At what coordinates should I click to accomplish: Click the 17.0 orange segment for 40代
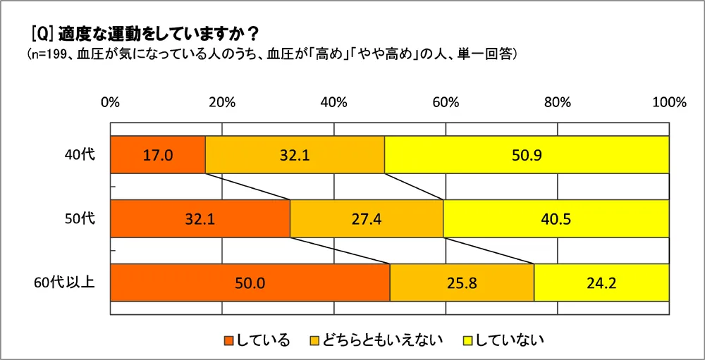(158, 155)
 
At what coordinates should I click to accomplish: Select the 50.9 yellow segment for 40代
(527, 155)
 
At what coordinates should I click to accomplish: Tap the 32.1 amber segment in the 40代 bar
(295, 155)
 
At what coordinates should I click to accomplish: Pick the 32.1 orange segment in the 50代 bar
(200, 218)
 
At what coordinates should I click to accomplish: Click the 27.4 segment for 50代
(367, 218)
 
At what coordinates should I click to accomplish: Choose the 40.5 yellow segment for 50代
(556, 218)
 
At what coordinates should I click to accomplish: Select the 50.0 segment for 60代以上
(250, 283)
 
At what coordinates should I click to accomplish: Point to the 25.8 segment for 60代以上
(462, 283)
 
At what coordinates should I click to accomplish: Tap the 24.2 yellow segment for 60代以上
(601, 283)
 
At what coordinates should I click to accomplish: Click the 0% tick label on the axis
(110, 102)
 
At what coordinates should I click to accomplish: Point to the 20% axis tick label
(221, 102)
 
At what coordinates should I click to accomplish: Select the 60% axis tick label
(446, 102)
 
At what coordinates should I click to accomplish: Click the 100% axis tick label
(668, 102)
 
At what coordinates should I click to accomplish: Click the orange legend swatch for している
(228, 341)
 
